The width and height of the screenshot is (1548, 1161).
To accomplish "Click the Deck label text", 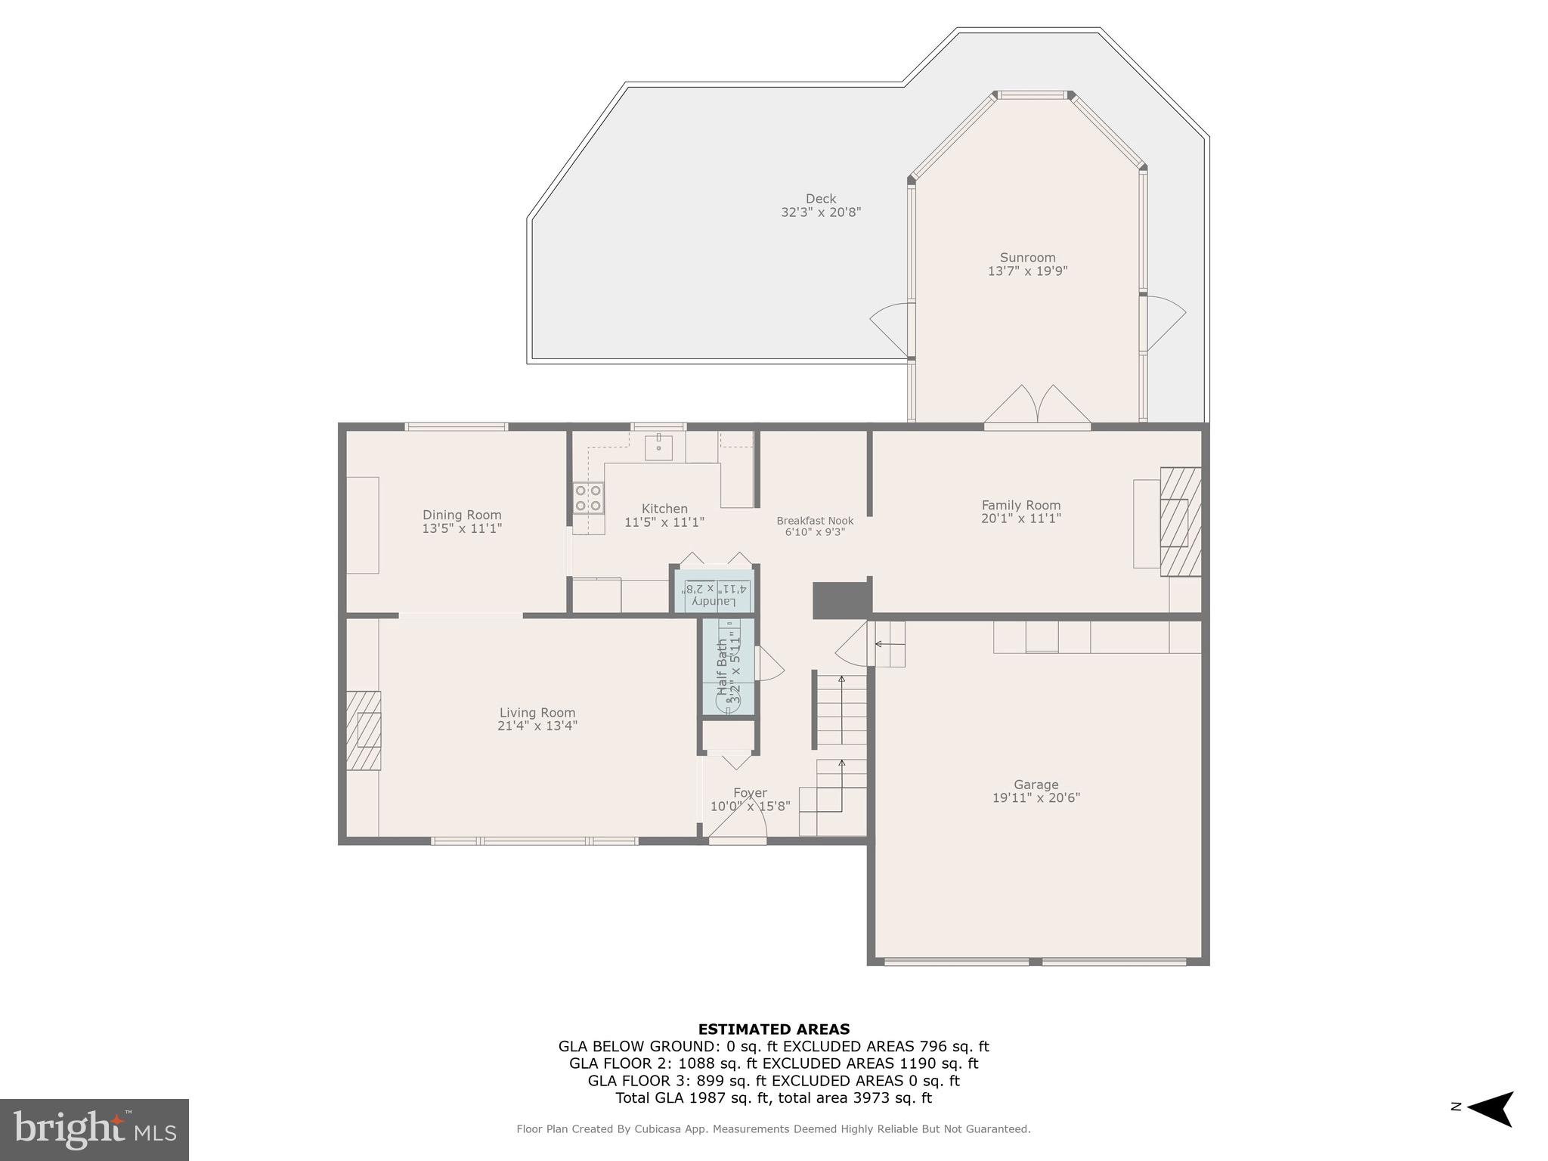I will coord(820,199).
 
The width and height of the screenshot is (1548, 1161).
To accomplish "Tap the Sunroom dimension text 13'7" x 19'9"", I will coord(1027,271).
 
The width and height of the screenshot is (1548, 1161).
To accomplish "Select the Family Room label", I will coord(1020,505).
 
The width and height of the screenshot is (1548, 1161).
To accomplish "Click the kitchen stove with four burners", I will coord(588,498).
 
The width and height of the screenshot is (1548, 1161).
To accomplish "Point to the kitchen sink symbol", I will coord(658,447).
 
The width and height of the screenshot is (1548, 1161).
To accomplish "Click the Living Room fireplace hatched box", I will coord(364,730).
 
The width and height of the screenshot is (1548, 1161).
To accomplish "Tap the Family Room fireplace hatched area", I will coord(1180,522).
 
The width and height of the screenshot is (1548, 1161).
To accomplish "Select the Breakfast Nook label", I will coord(815,521).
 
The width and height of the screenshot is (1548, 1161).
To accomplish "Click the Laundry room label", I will coord(714,601).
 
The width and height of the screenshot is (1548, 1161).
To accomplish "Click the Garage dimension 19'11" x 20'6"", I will coord(1036,797).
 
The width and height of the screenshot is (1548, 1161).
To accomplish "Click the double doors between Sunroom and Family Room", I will coord(1037,407).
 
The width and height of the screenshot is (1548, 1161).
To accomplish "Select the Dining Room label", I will coord(461,515).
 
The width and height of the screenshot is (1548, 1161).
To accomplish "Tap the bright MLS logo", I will coord(94,1129).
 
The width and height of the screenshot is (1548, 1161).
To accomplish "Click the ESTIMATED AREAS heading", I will coord(773,1029).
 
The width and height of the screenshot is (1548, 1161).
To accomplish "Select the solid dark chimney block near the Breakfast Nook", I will coord(841,600).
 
